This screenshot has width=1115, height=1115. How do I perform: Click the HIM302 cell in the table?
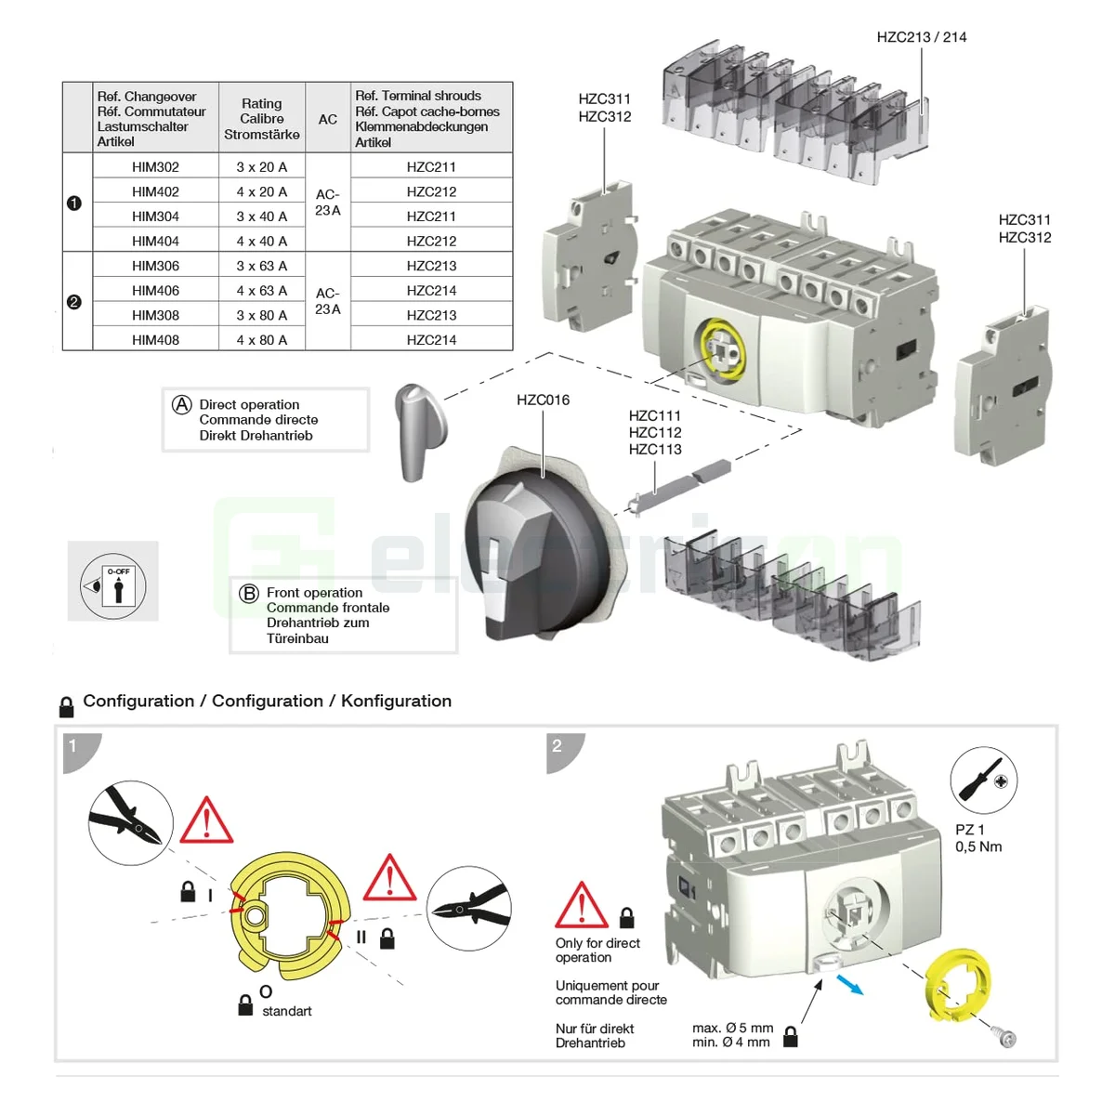point(155,167)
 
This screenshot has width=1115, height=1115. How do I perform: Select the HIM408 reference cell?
point(155,340)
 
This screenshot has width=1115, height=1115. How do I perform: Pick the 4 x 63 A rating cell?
point(261,291)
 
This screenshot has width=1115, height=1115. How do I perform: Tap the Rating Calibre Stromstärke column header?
point(261,119)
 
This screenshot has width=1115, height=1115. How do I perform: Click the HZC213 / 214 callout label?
point(921,37)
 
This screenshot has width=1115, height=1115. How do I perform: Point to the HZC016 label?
point(543,400)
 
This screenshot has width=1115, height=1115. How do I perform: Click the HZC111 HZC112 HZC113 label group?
point(654,433)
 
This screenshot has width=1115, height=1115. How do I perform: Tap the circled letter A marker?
point(182,405)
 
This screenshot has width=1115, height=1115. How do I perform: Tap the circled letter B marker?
point(249,594)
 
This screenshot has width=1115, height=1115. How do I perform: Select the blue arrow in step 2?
point(849,985)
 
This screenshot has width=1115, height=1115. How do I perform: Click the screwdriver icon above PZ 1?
point(983,780)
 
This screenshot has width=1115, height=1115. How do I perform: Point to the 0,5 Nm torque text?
point(977,847)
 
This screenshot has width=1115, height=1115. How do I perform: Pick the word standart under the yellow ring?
point(286,1012)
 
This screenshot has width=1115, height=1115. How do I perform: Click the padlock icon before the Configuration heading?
point(66,707)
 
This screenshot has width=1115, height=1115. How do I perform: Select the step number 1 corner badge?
point(74,746)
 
